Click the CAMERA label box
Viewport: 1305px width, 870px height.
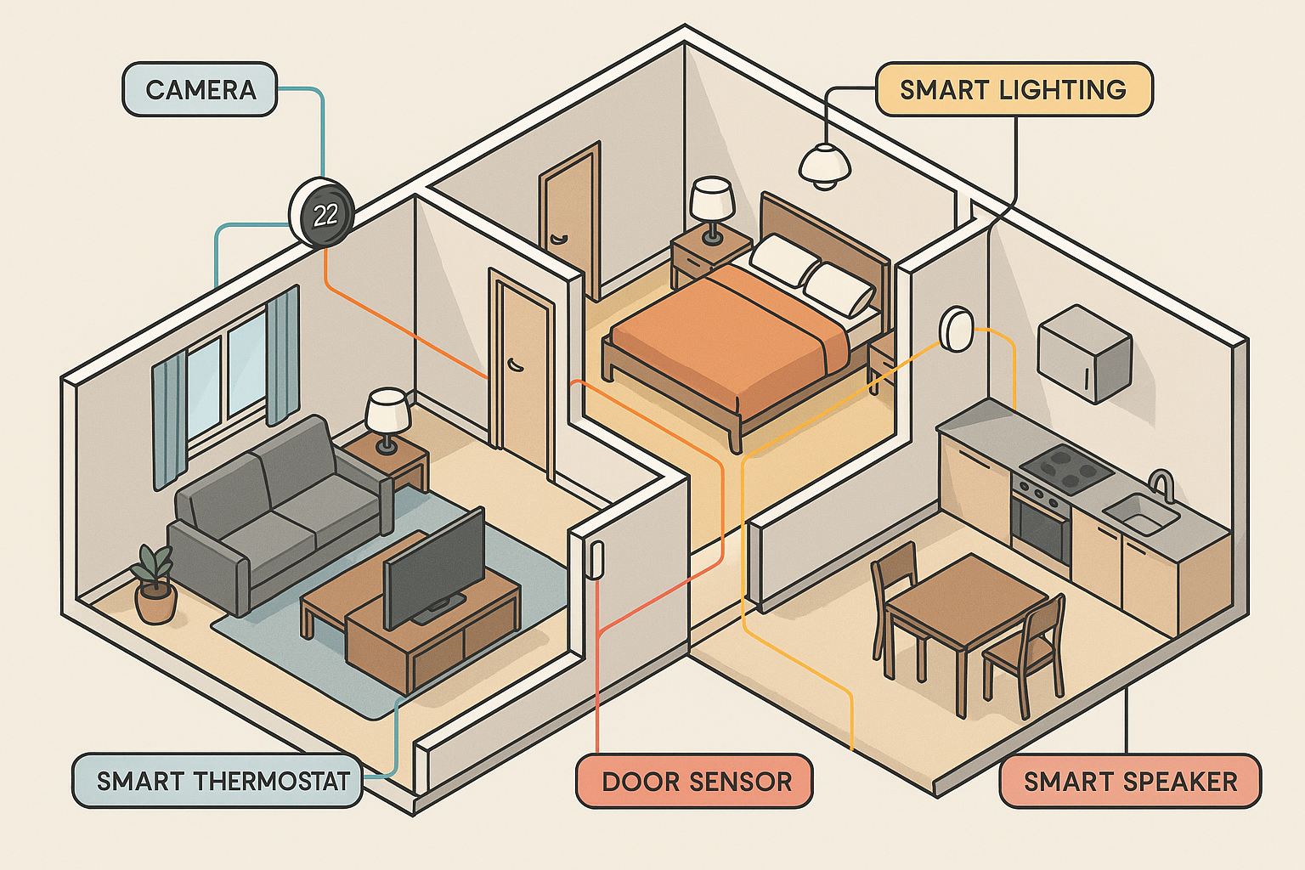tap(200, 89)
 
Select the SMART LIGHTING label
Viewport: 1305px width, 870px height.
tap(1013, 89)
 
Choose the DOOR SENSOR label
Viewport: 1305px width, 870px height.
tap(696, 781)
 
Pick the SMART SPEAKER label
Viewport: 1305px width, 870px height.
tap(1130, 781)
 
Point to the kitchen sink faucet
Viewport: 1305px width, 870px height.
tap(1162, 484)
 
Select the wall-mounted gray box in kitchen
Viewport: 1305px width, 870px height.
tap(1085, 352)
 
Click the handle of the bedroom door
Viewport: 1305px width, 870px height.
tap(556, 240)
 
